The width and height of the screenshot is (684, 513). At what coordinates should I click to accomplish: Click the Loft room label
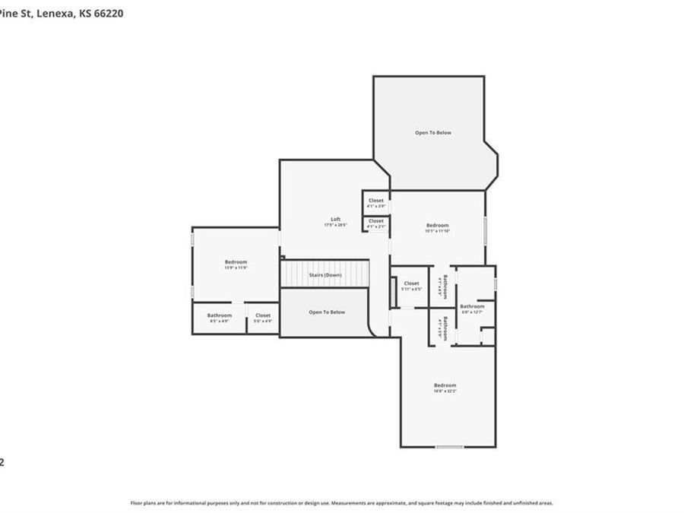tap(335, 219)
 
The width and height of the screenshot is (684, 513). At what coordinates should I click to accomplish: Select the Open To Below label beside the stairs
tap(327, 312)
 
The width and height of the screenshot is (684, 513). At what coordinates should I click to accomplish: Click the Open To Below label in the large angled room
tap(433, 132)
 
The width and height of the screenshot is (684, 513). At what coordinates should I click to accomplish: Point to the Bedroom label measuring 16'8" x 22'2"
tap(445, 385)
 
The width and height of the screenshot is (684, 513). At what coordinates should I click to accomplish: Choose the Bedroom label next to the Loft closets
tap(437, 225)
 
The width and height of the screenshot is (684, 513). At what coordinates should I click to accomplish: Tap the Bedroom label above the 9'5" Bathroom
tap(236, 262)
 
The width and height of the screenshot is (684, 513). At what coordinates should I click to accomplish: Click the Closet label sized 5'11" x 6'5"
tap(411, 283)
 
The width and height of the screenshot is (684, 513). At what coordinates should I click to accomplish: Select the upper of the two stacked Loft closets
tap(376, 201)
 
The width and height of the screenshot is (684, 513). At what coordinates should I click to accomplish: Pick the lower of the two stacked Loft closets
tap(376, 221)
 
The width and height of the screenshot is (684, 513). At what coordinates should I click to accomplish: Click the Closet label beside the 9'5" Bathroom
tap(263, 315)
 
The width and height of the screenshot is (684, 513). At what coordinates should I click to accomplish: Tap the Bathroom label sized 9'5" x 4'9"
tap(220, 315)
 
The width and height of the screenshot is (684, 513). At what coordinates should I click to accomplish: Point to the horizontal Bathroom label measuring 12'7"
tap(472, 306)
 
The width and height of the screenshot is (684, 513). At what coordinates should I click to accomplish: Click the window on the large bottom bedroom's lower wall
tap(449, 447)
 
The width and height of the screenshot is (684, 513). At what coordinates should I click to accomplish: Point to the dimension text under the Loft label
tap(335, 225)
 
